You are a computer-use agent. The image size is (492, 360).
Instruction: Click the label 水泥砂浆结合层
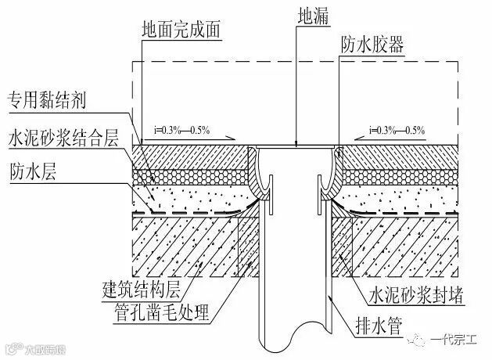[63, 139]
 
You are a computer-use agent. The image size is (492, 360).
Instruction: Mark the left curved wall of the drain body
[256, 176]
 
